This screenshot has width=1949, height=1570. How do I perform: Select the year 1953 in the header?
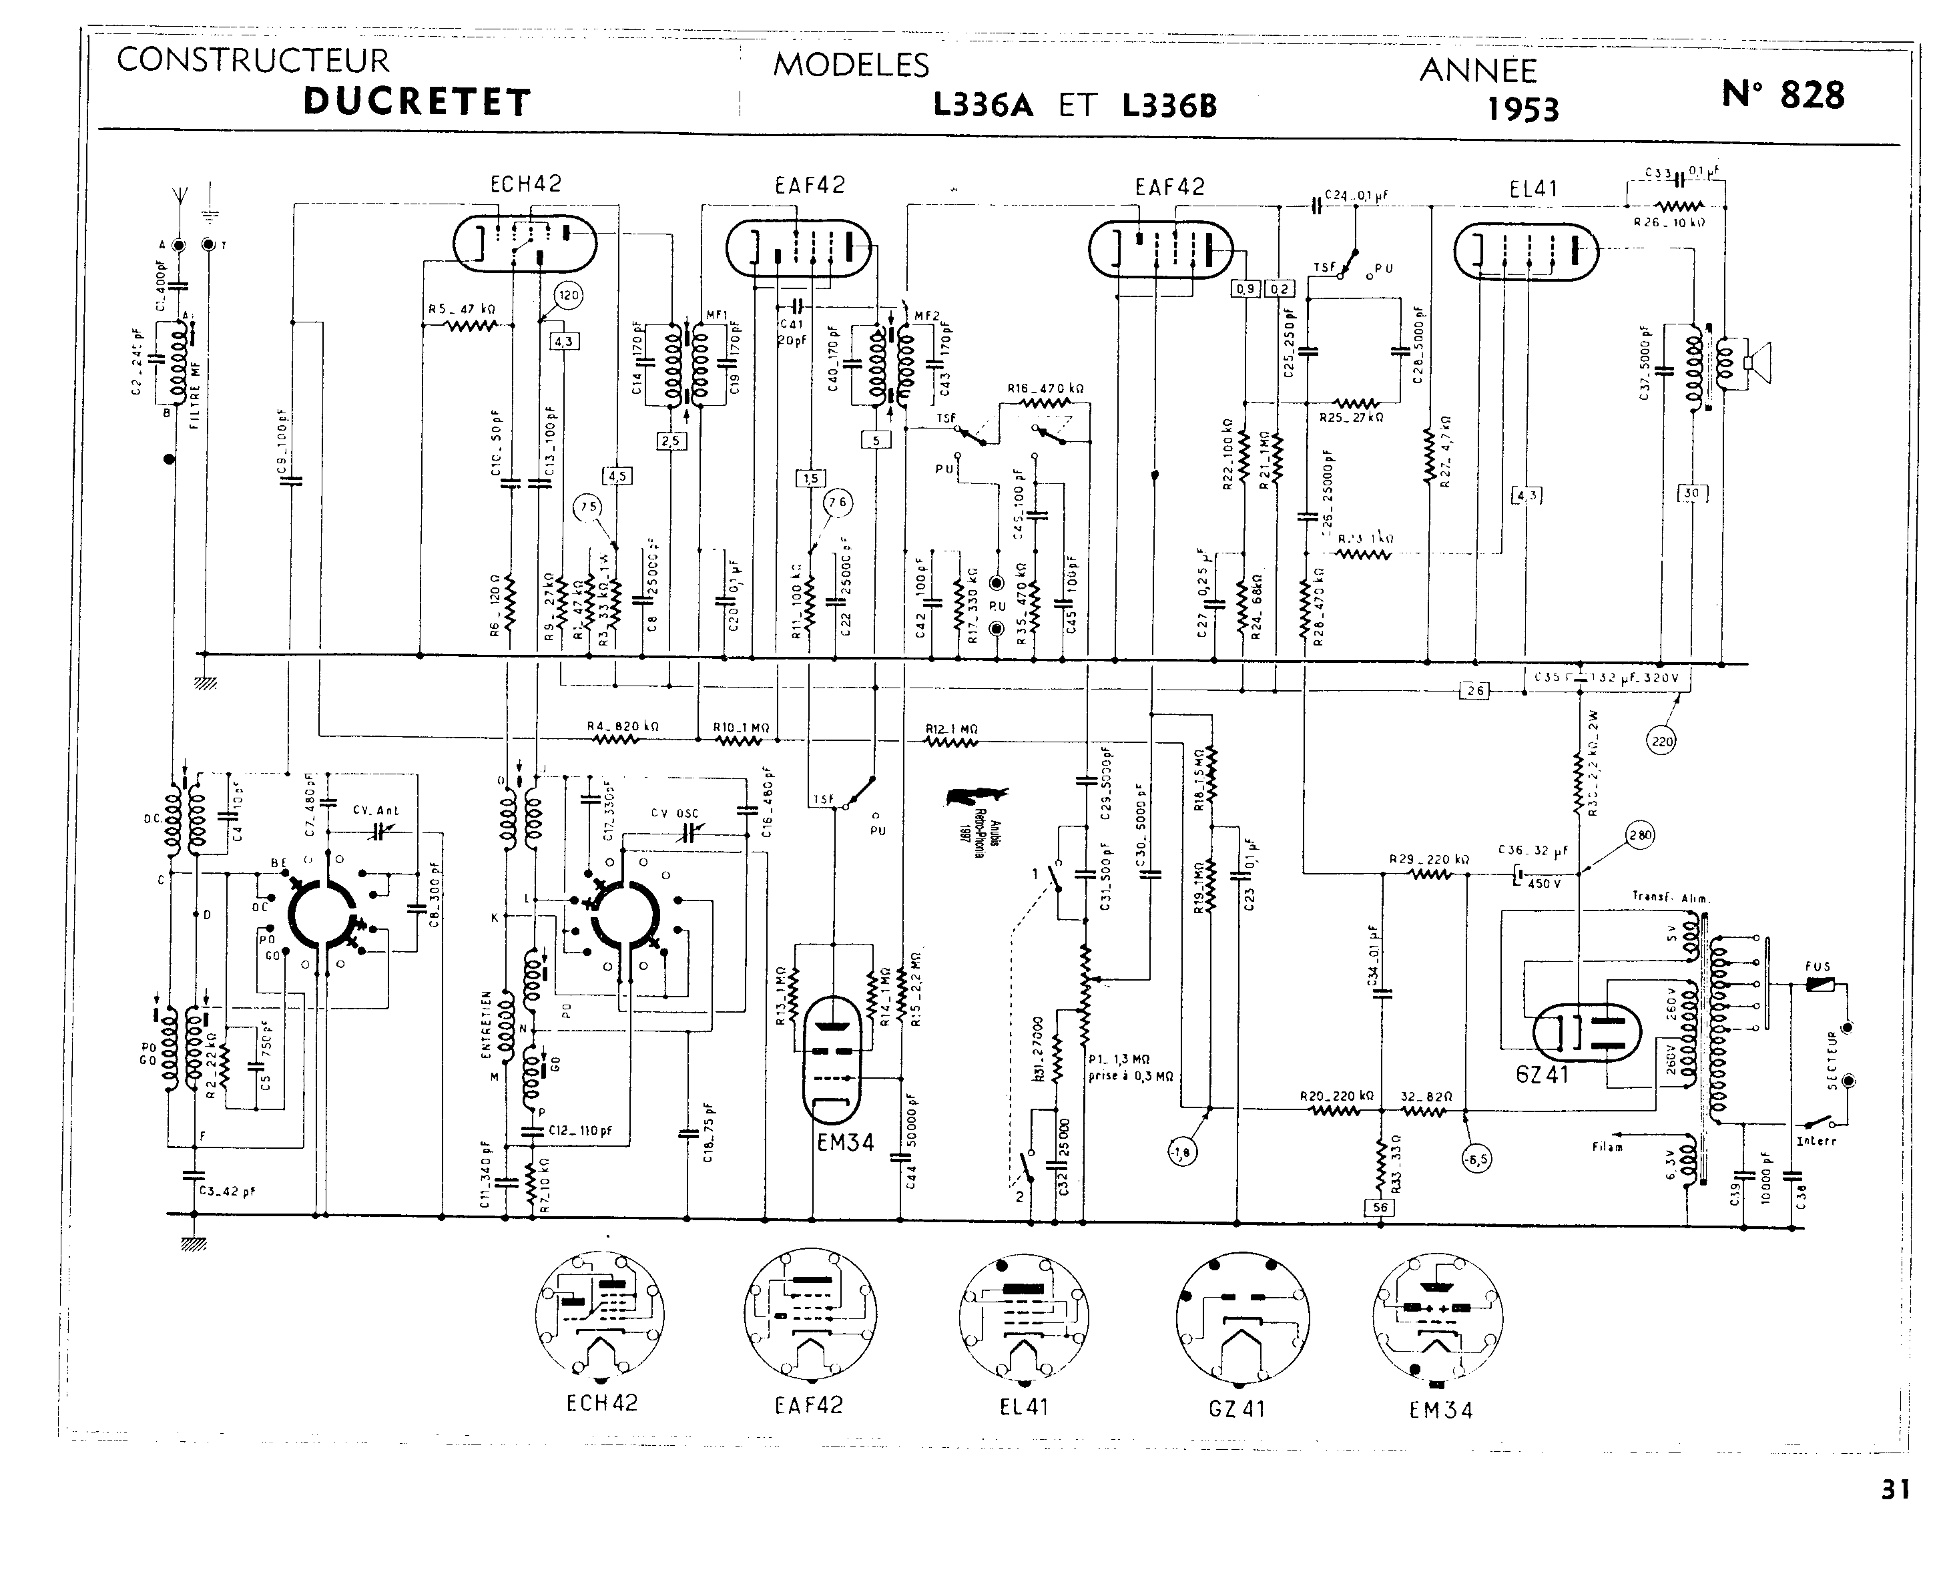click(x=1523, y=110)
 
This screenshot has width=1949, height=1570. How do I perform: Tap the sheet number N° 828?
click(x=1783, y=95)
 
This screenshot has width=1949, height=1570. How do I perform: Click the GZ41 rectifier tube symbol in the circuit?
click(x=1587, y=1033)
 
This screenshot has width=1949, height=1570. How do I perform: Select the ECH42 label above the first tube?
click(x=525, y=184)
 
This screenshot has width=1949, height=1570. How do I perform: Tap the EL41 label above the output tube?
click(x=1534, y=189)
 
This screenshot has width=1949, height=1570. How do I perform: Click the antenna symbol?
click(x=178, y=196)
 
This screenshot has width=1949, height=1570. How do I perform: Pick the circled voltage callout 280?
click(x=1640, y=836)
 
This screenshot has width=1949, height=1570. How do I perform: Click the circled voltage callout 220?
click(x=1662, y=742)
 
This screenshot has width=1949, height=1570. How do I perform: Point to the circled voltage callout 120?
click(x=568, y=296)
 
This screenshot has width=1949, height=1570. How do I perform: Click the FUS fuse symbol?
click(x=1818, y=985)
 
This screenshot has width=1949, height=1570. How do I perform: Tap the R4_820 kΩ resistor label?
click(x=622, y=726)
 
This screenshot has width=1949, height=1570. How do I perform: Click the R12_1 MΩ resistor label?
click(x=950, y=729)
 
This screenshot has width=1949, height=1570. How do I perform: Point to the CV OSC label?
click(x=675, y=813)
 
